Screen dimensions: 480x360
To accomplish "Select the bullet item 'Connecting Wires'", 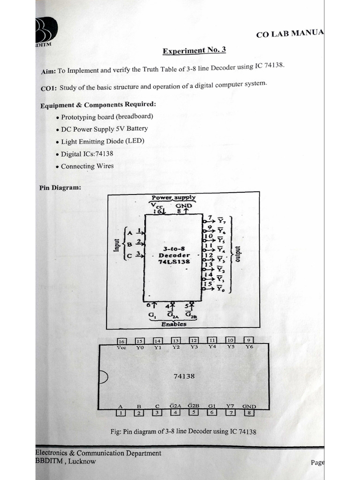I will coord(87,166).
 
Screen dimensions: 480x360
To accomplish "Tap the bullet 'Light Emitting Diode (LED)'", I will coord(102,141).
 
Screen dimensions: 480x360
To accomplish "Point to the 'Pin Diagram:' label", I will coord(60,187).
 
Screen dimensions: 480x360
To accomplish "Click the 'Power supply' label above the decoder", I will coord(173,198).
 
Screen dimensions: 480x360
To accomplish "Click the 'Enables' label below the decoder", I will coord(173,323).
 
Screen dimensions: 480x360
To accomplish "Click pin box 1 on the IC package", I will coord(121,413).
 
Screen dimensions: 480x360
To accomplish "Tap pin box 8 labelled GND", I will coord(249,412).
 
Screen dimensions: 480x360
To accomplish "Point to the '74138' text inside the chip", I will coord(184,376).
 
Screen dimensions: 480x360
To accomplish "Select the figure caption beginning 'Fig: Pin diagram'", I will coord(183,431).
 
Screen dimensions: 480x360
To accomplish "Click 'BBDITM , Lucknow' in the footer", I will coord(65,461).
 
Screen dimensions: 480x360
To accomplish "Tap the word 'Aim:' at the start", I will coord(49,72).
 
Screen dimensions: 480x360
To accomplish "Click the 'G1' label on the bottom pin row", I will coord(212,406).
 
